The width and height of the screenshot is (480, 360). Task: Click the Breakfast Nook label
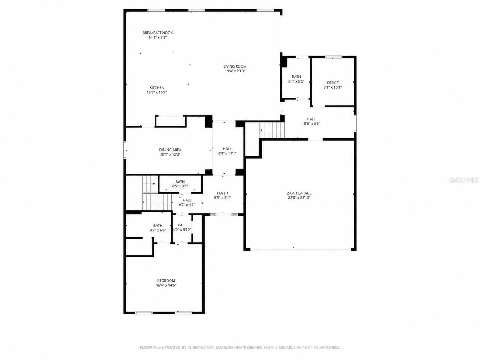pos(157,33)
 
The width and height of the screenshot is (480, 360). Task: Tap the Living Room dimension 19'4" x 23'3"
pos(235,71)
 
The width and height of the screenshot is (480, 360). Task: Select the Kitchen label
pos(157,88)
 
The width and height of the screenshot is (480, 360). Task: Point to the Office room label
pos(333,83)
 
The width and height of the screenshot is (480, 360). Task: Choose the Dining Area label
pos(170,150)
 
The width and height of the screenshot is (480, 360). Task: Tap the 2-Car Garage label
pos(299,193)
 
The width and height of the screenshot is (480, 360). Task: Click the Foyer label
pos(222,193)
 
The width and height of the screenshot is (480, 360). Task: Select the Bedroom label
pos(166,281)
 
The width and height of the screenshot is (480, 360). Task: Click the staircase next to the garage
pos(272,130)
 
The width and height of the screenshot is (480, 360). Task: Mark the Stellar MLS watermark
pos(463,180)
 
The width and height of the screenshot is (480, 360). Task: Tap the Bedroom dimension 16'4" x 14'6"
pos(166,285)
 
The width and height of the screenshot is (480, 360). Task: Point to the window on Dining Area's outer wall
pos(125,150)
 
